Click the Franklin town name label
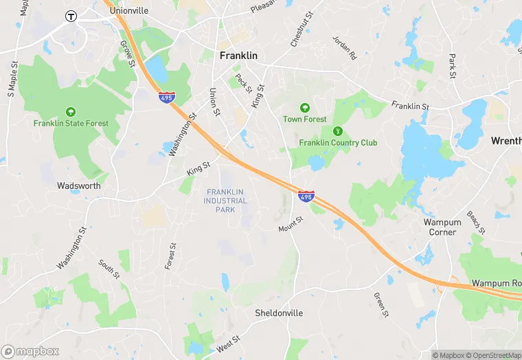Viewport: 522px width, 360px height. pos(238,56)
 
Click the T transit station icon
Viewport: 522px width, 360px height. pos(70,16)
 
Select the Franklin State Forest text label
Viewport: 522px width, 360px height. pos(71,124)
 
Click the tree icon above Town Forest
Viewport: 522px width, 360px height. pos(304,108)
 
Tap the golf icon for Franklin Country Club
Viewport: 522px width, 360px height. pos(337,131)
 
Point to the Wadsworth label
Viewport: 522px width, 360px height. pos(79,185)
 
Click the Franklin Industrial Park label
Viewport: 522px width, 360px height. pos(225,200)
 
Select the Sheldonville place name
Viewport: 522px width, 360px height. pos(279,313)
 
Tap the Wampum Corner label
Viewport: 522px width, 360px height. pos(442,227)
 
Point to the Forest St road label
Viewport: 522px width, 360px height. pos(171,256)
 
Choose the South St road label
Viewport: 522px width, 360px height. pos(109,269)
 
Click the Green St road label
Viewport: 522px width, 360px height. pos(381,304)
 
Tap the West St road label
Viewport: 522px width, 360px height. pos(227,344)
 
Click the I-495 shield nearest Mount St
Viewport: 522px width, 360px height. pos(306,197)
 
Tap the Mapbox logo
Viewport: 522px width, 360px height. pos(31,351)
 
